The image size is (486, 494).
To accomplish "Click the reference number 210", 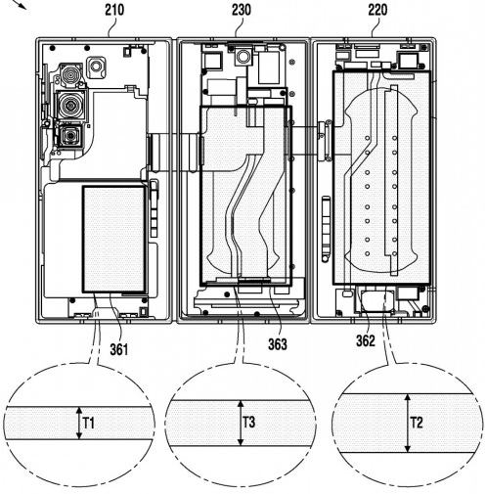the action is (114, 10).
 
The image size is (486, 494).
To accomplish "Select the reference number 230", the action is (242, 10).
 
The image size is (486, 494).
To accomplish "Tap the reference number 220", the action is (377, 10).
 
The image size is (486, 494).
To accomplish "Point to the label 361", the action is (119, 350).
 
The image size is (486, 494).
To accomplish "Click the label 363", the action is (278, 344).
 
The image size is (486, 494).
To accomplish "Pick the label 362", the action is (366, 341).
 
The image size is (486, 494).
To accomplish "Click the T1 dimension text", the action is (88, 424).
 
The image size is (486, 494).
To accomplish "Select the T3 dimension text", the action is (249, 423).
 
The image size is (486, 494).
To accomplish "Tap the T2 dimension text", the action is (417, 423).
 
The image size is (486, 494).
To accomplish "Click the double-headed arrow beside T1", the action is (78, 423).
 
